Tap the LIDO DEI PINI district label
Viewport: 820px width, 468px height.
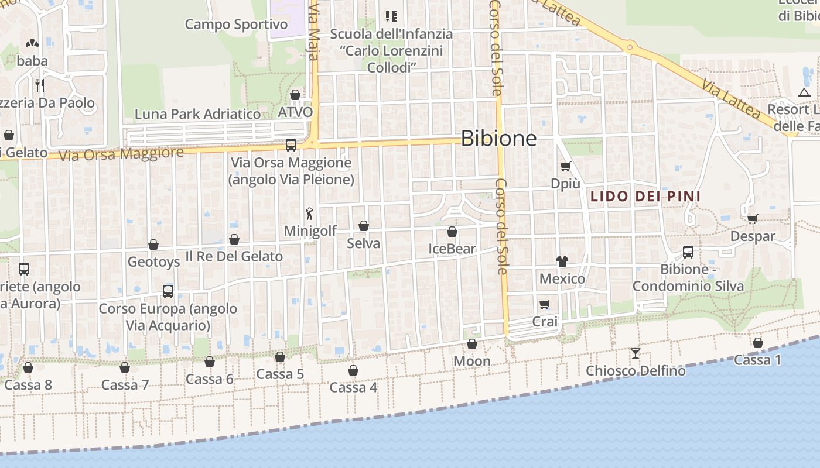click(x=645, y=196)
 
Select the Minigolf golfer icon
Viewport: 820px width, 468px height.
click(x=309, y=214)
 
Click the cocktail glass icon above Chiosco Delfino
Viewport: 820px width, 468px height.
click(x=635, y=353)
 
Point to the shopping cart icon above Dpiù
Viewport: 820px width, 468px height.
click(x=565, y=166)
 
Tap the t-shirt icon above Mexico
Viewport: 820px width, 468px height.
click(x=562, y=261)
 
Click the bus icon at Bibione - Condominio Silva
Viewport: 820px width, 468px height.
click(x=688, y=252)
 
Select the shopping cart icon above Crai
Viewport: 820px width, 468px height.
click(x=545, y=304)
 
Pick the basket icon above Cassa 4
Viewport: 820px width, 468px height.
click(x=353, y=370)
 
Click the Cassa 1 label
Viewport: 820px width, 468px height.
click(x=757, y=360)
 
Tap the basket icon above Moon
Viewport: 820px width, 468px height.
click(x=472, y=344)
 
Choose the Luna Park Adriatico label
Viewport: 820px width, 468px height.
click(x=197, y=114)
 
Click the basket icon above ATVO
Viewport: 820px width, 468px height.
click(x=295, y=95)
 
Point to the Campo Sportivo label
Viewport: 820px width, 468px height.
click(x=236, y=25)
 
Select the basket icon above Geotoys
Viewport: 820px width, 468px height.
click(x=153, y=245)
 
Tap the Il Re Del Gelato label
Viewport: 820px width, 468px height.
click(x=234, y=256)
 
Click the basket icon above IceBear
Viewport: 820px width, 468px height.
click(x=452, y=232)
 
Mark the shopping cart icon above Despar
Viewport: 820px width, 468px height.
click(x=752, y=219)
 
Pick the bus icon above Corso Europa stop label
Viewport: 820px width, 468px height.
click(x=168, y=291)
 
